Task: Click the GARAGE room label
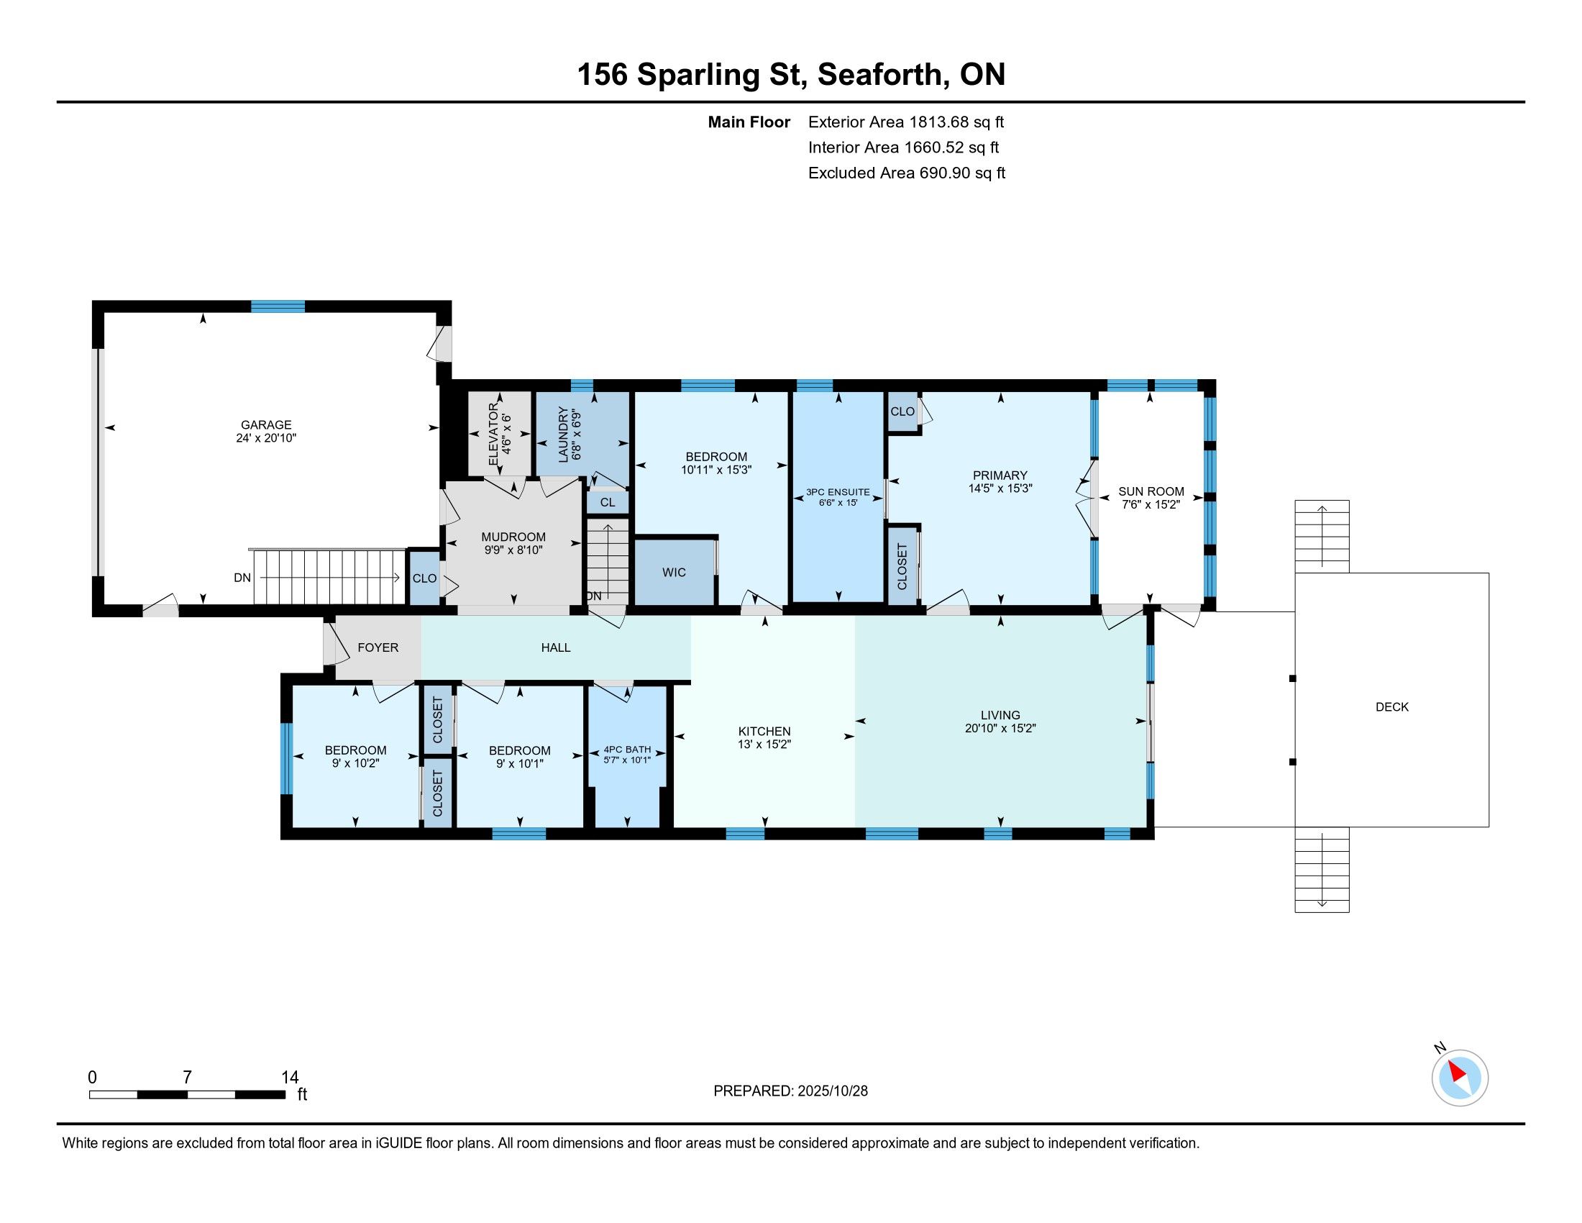coord(266,425)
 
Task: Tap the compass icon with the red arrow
coord(1460,1078)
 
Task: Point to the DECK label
coord(1391,707)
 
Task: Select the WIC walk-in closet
coord(674,573)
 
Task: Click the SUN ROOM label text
coord(1151,491)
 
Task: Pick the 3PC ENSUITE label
coord(837,492)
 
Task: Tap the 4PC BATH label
coord(627,749)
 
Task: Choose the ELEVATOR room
coord(500,434)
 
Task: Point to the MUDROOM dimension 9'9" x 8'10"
coord(513,550)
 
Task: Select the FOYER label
coord(378,647)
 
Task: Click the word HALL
coord(556,647)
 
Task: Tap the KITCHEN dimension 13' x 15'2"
coord(764,744)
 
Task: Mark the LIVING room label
coord(1000,715)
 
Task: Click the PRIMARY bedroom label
coord(1000,476)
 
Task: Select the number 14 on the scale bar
coord(290,1078)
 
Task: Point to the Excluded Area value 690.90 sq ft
coord(962,173)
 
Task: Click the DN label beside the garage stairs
coord(242,578)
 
